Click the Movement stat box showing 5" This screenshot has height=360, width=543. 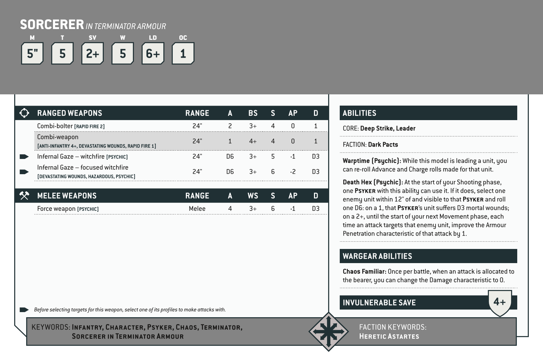coord(32,54)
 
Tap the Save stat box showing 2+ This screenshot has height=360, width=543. coord(93,54)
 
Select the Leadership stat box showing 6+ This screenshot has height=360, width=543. coord(153,54)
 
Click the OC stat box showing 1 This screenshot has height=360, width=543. coord(183,54)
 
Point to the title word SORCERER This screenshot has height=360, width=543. coord(52,25)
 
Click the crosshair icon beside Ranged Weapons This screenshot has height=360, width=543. coord(24,113)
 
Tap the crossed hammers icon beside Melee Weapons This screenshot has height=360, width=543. coord(24,196)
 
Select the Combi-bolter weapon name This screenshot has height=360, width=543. coord(55,126)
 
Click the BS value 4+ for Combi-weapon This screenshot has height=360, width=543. coord(253,141)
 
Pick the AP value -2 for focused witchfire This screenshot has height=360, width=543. coord(293,172)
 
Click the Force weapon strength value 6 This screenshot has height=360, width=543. coord(273,209)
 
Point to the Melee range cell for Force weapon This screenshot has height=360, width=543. coord(197,209)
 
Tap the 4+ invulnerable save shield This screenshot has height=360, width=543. coord(500,302)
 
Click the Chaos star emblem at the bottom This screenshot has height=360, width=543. coord(328,332)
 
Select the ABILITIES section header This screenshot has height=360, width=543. coord(359,113)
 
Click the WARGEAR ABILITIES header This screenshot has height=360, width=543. coord(377,256)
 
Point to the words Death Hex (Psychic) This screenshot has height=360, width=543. coord(373,182)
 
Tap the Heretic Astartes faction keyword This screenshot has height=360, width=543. coord(389,336)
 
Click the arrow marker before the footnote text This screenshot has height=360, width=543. coord(24,310)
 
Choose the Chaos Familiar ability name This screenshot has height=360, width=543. coord(364,271)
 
